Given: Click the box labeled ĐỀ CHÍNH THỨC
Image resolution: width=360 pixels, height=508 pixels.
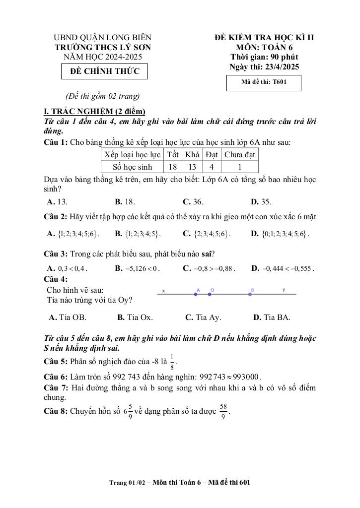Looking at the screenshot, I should point(104,71).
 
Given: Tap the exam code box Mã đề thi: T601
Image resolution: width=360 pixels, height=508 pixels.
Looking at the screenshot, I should point(264,83).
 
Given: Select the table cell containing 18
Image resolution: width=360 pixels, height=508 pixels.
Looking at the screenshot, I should point(172,167).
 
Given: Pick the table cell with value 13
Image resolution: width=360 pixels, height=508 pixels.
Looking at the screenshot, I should point(192,167).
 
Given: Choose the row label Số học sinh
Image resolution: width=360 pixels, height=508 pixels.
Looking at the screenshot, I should point(133,167).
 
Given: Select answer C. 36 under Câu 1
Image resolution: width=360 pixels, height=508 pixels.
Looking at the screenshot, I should point(193,202).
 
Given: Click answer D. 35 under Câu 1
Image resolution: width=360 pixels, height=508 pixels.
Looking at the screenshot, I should point(261,202).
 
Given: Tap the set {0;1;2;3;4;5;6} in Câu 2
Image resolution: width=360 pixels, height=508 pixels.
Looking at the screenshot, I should point(285,234).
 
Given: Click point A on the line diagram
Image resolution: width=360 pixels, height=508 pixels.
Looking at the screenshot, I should point(196,294).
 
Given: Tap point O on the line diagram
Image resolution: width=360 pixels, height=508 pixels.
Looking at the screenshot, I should point(210,294).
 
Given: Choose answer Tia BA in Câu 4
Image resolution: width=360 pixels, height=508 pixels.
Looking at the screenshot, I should point(272,317).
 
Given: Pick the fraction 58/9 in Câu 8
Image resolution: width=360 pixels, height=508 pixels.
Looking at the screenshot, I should point(223,411).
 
